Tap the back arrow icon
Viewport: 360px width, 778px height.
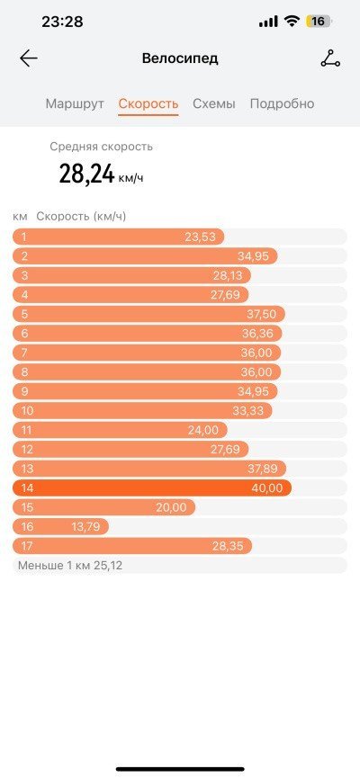point(29,58)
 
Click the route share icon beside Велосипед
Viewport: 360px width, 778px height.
point(330,58)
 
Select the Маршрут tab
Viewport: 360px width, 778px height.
point(75,103)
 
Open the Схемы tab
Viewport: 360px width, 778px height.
point(214,103)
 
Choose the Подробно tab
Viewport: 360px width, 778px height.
point(282,104)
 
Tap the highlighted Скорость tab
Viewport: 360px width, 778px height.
point(148,103)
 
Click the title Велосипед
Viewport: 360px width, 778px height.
point(180,58)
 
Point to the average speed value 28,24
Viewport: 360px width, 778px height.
point(87,174)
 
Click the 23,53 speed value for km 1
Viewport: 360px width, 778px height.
point(201,237)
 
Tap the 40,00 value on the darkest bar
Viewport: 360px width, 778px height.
point(267,488)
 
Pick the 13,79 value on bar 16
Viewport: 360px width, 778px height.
point(85,527)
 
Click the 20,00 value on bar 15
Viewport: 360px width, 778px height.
point(171,507)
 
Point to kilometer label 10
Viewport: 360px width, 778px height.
point(27,411)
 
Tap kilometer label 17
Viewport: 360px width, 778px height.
point(27,546)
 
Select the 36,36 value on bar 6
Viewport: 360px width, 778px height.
point(257,334)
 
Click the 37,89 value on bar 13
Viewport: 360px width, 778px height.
point(263,469)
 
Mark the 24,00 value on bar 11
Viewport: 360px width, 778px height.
point(203,430)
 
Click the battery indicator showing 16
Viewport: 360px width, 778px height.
point(319,22)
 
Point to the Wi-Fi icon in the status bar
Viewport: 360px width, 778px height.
point(292,22)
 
